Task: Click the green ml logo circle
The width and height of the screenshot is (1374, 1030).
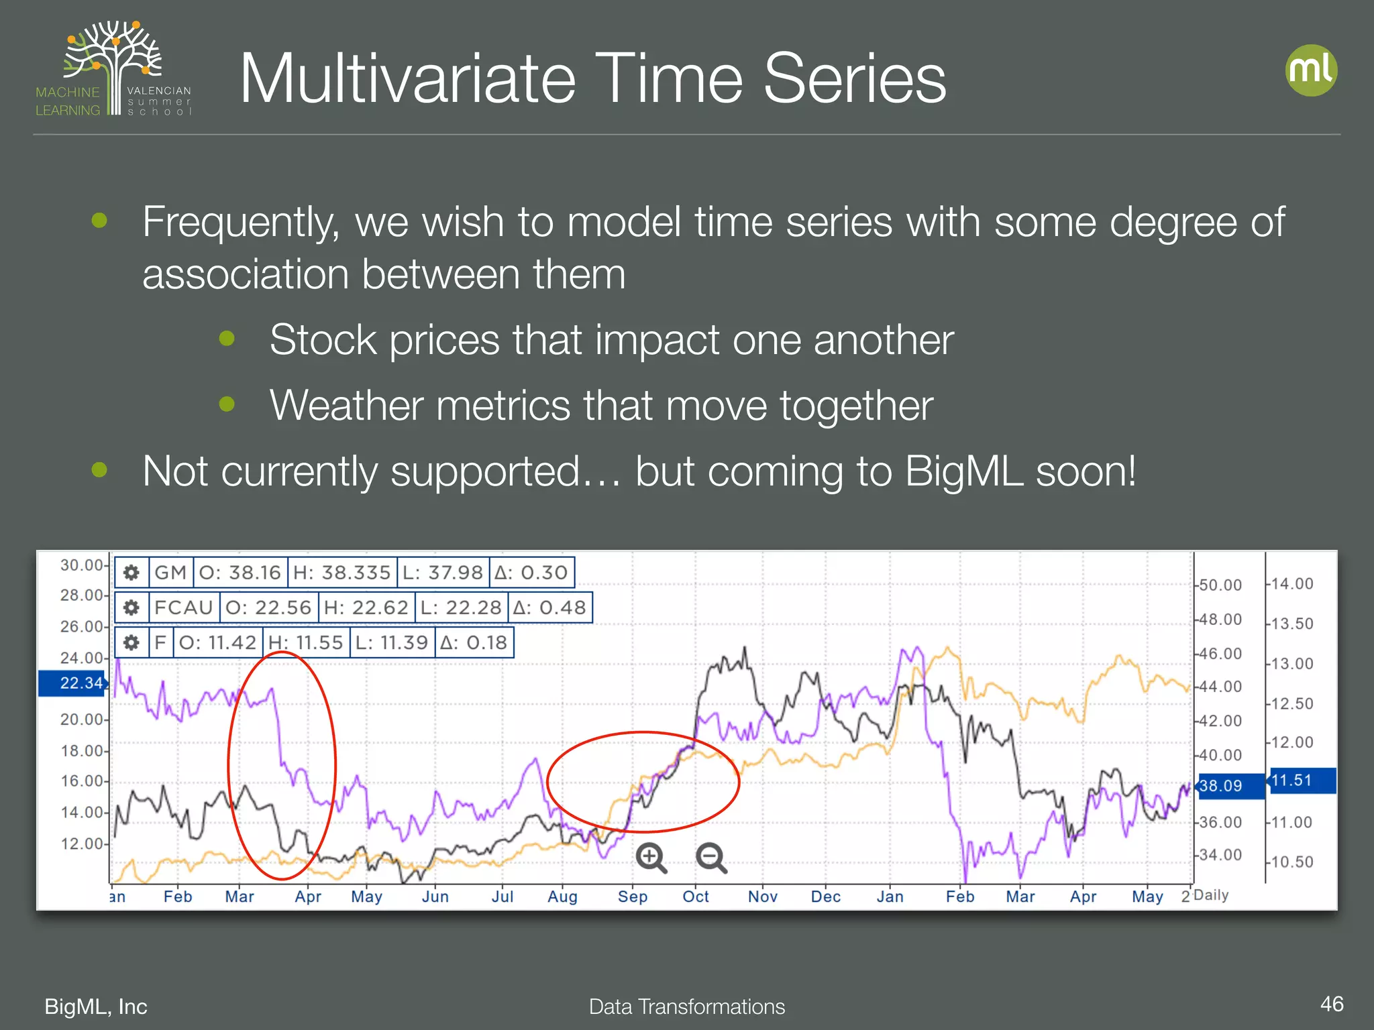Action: [1311, 70]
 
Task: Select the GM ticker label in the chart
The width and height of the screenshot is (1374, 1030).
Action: [170, 572]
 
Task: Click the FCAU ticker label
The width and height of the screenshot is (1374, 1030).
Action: [183, 608]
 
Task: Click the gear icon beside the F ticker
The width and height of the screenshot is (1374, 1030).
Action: [131, 642]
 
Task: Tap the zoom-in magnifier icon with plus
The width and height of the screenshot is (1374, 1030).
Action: [651, 858]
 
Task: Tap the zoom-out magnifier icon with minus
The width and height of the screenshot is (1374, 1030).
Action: [711, 858]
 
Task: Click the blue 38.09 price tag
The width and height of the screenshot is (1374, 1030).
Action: [1229, 785]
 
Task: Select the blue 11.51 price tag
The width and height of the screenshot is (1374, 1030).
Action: [1300, 781]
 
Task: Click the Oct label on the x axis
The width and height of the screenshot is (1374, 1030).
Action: [696, 897]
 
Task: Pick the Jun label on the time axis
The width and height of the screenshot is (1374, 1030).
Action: [435, 897]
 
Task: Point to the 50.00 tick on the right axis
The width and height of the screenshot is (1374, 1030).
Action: [1220, 585]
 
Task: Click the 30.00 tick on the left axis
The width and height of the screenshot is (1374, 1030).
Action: [81, 565]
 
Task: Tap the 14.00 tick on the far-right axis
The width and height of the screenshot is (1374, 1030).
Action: [1292, 584]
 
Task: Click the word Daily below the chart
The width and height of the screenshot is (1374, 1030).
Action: [1211, 895]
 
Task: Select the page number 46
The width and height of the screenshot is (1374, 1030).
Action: [1331, 1004]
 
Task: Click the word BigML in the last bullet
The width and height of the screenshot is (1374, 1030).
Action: [963, 471]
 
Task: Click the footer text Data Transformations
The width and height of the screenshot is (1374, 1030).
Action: [686, 1007]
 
